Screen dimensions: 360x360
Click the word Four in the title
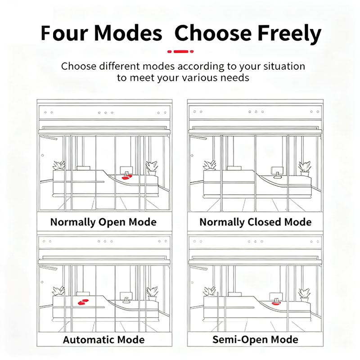(x=64, y=33)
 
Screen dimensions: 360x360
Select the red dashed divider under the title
(x=180, y=51)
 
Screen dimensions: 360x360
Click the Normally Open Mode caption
(x=103, y=222)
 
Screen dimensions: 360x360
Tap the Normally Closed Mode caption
(x=255, y=222)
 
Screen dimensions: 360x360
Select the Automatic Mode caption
(x=104, y=340)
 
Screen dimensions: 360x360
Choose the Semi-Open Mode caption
(x=255, y=339)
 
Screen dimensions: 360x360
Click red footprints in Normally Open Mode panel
(x=127, y=177)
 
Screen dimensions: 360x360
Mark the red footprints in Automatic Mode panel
(x=83, y=302)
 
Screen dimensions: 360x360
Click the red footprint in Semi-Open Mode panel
(x=276, y=303)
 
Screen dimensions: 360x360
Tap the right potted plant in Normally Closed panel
(x=305, y=169)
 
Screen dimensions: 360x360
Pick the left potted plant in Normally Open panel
(x=59, y=165)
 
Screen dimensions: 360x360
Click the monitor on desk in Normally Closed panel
(x=277, y=172)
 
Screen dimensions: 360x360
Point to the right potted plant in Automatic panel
(x=152, y=294)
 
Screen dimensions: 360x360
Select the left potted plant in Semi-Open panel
(x=210, y=291)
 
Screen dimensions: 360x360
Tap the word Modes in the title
(x=128, y=33)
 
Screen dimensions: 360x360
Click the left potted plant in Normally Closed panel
(x=209, y=165)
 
